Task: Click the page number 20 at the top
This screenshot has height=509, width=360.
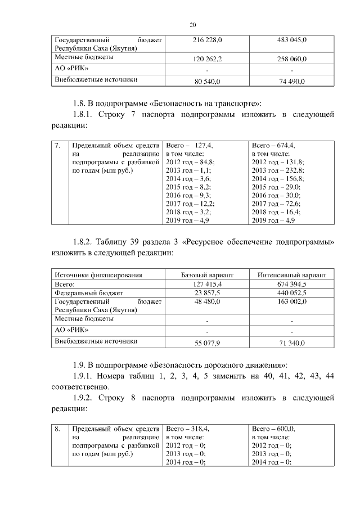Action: click(192, 25)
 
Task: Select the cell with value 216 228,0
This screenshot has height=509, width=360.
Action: click(207, 40)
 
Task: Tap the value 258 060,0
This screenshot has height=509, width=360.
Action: click(292, 58)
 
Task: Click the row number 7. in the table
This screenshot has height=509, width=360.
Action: click(58, 145)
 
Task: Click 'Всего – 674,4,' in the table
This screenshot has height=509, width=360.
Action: click(273, 145)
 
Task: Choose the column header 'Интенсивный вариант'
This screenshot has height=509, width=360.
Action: click(292, 275)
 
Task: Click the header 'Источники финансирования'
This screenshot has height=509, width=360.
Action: click(98, 275)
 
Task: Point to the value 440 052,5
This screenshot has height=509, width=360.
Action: click(292, 293)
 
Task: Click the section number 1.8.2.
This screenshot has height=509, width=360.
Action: click(82, 242)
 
